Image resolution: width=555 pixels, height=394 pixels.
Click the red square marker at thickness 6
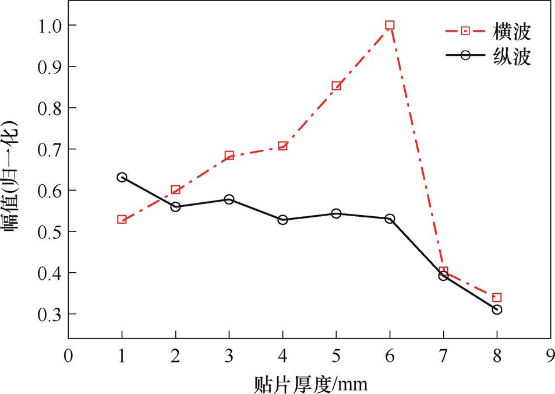[x=390, y=25]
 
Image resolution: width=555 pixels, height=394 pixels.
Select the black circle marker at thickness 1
[x=122, y=177]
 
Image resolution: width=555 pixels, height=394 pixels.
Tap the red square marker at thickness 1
[x=122, y=220]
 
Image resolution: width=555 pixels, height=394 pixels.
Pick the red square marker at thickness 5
[x=336, y=86]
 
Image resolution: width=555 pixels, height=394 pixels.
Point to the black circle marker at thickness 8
[x=497, y=309]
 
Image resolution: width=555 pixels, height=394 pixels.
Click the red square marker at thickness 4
[x=282, y=146]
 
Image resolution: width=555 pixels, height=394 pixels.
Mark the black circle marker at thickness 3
[x=229, y=199]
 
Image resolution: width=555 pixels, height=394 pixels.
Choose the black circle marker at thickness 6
[x=390, y=219]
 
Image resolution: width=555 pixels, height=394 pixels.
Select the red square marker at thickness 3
[x=229, y=156]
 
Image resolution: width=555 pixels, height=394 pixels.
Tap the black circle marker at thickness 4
[x=282, y=220]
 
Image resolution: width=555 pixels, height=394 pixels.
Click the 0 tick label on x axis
[x=68, y=356]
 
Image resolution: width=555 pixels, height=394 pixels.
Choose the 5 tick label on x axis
[x=336, y=356]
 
